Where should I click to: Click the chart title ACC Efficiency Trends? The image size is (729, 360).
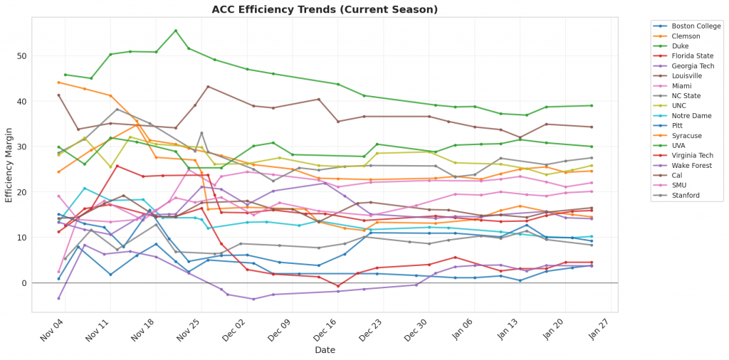click(325, 9)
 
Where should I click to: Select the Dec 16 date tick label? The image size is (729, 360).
click(323, 332)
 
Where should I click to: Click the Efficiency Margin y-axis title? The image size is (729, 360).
click(9, 165)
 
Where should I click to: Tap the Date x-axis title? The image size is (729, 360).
click(325, 350)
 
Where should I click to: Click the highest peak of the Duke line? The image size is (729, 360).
click(176, 31)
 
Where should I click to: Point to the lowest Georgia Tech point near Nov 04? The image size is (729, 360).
click(58, 298)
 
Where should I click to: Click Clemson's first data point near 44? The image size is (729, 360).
click(58, 83)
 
